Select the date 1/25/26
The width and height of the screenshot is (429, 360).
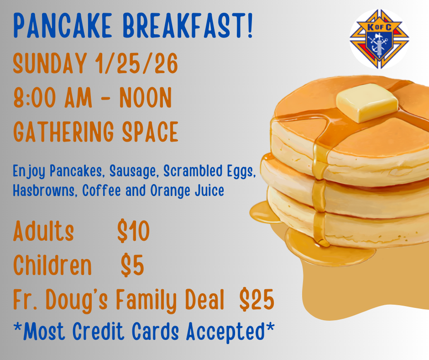pos(136,64)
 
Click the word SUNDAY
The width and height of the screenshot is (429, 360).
pos(50,64)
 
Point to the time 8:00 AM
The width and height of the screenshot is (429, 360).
pos(52,97)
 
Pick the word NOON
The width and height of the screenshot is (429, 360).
pos(146,97)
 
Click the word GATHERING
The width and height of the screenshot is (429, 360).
pos(63,132)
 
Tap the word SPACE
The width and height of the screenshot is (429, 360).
pos(150,132)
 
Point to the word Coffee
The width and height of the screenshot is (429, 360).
pos(101,190)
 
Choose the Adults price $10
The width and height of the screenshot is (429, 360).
pos(134,231)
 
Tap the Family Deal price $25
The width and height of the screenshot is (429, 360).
pos(256,299)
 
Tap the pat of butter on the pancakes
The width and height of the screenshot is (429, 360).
pos(367,102)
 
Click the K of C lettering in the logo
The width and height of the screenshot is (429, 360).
pos(379,27)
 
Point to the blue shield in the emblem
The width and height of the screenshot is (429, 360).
pos(379,44)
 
